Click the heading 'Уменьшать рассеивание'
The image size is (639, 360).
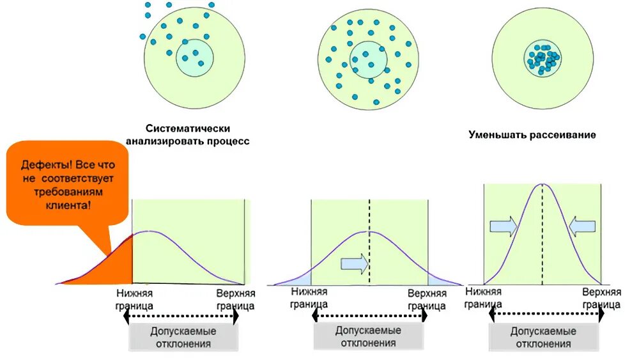(532, 135)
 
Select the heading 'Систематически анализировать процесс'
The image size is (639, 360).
(187, 135)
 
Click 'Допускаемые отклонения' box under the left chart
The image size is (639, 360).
(183, 338)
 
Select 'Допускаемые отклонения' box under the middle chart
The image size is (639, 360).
(368, 336)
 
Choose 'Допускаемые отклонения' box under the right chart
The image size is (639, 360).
(543, 338)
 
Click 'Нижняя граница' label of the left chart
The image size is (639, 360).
(134, 299)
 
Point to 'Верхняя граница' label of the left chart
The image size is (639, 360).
(236, 299)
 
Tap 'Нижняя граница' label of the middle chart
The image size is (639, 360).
(309, 299)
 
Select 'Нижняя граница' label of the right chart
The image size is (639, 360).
(484, 297)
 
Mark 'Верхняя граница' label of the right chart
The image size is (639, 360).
(601, 298)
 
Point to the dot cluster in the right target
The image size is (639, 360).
(543, 59)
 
